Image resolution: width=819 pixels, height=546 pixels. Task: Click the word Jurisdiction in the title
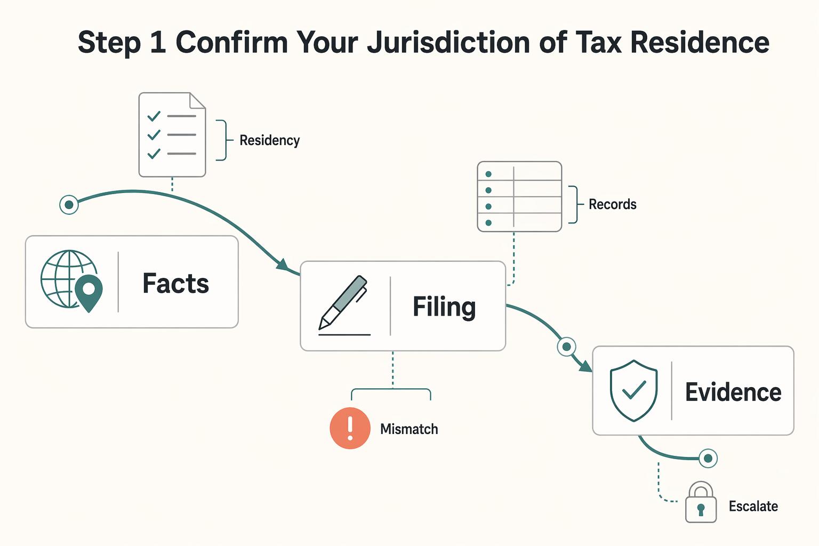point(448,43)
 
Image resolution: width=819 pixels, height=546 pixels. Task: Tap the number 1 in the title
point(158,43)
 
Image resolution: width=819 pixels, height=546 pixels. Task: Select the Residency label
point(269,140)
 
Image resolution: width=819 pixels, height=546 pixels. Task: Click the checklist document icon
point(172,134)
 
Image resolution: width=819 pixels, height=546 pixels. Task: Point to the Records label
point(613,204)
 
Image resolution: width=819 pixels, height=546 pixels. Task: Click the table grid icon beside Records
point(519,196)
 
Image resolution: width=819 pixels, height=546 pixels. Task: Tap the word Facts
point(175,284)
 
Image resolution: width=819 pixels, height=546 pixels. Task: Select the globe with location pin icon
point(71,281)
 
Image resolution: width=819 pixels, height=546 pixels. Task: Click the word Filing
point(444,308)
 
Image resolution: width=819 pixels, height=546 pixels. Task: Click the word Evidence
point(733,392)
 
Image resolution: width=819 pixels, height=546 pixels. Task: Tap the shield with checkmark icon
point(633,391)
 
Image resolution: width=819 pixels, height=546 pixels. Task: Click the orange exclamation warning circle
point(350,428)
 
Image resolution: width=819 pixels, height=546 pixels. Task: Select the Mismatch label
point(409,429)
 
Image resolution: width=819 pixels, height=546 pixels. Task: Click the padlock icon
point(701,502)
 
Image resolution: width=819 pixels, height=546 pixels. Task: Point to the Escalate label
point(753,507)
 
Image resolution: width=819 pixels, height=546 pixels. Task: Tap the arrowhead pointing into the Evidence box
point(585,366)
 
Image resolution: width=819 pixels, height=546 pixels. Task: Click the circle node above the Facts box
point(69,205)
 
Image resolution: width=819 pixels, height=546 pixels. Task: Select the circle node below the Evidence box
point(708,458)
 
